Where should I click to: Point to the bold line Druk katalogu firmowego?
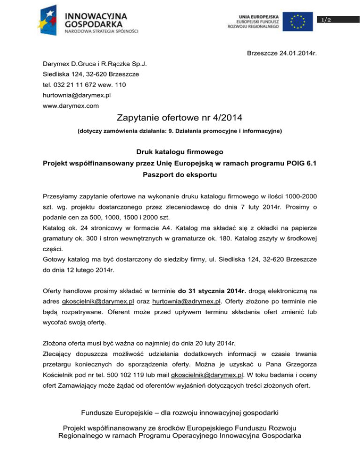coord(180,152)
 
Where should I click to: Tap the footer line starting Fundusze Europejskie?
coord(180,413)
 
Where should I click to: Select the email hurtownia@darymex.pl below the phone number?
coord(73,95)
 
